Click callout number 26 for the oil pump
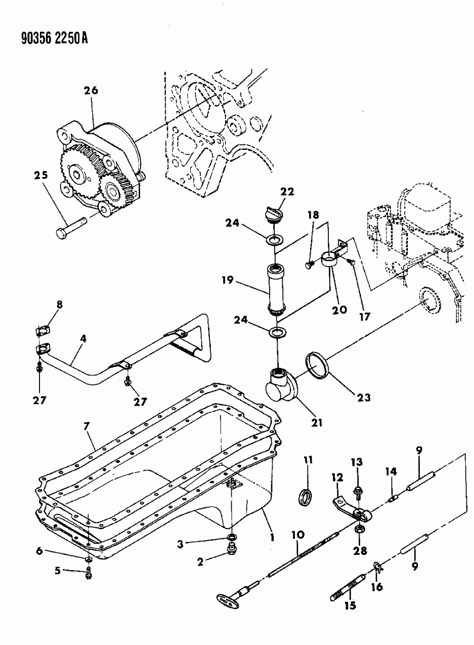click(x=91, y=91)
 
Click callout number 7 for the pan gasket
click(x=87, y=427)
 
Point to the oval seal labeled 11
click(x=306, y=497)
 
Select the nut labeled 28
click(x=359, y=529)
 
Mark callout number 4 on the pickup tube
click(x=82, y=338)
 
